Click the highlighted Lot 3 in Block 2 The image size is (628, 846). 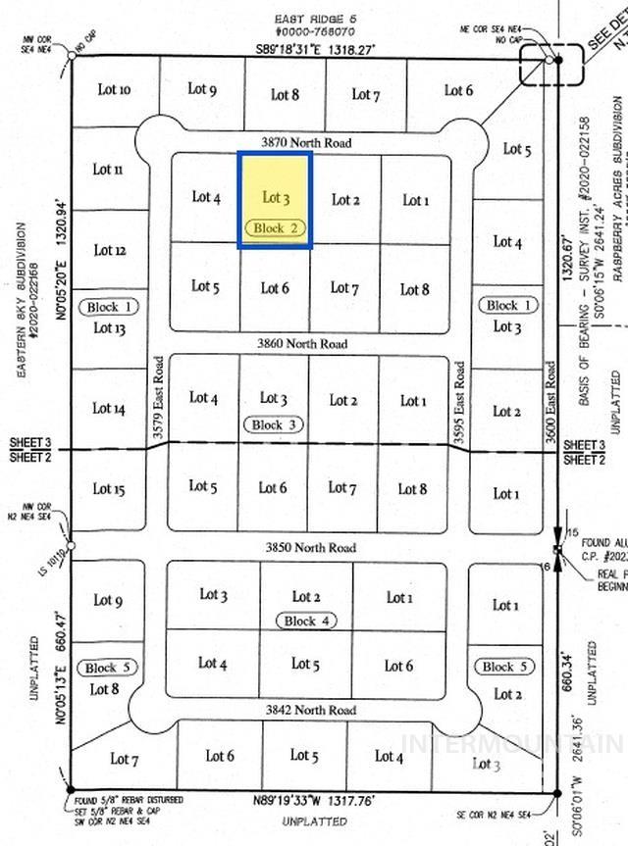tap(276, 197)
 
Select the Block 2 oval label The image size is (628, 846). tap(276, 227)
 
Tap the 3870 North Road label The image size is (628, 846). tap(306, 143)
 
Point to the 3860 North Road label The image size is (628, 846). tap(302, 344)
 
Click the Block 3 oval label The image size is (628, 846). tap(274, 424)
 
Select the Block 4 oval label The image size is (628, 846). tap(307, 621)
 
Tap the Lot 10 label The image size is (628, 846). tap(114, 90)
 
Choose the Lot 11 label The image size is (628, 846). tap(108, 169)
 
